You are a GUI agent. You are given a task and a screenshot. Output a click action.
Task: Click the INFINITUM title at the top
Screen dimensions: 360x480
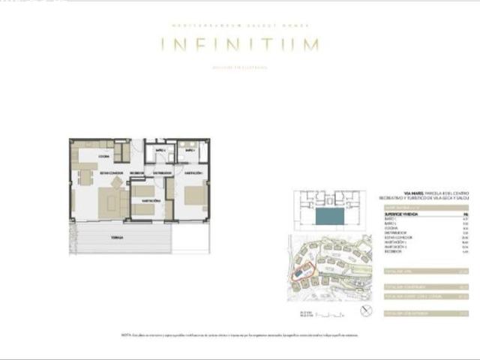pos(240,45)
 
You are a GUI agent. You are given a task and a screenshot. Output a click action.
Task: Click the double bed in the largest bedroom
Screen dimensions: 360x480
pos(193,196)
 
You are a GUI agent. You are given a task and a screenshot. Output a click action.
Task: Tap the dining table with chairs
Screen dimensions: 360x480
pos(85,178)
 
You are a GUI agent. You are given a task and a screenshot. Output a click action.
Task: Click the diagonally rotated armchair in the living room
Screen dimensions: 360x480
pos(117,182)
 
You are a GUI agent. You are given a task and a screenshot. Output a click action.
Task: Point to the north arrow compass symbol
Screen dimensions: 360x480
pos(365,310)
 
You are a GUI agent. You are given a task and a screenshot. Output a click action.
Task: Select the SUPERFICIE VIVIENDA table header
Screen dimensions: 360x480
pos(400,214)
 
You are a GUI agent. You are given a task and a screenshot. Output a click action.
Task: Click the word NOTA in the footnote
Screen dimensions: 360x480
pos(125,335)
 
